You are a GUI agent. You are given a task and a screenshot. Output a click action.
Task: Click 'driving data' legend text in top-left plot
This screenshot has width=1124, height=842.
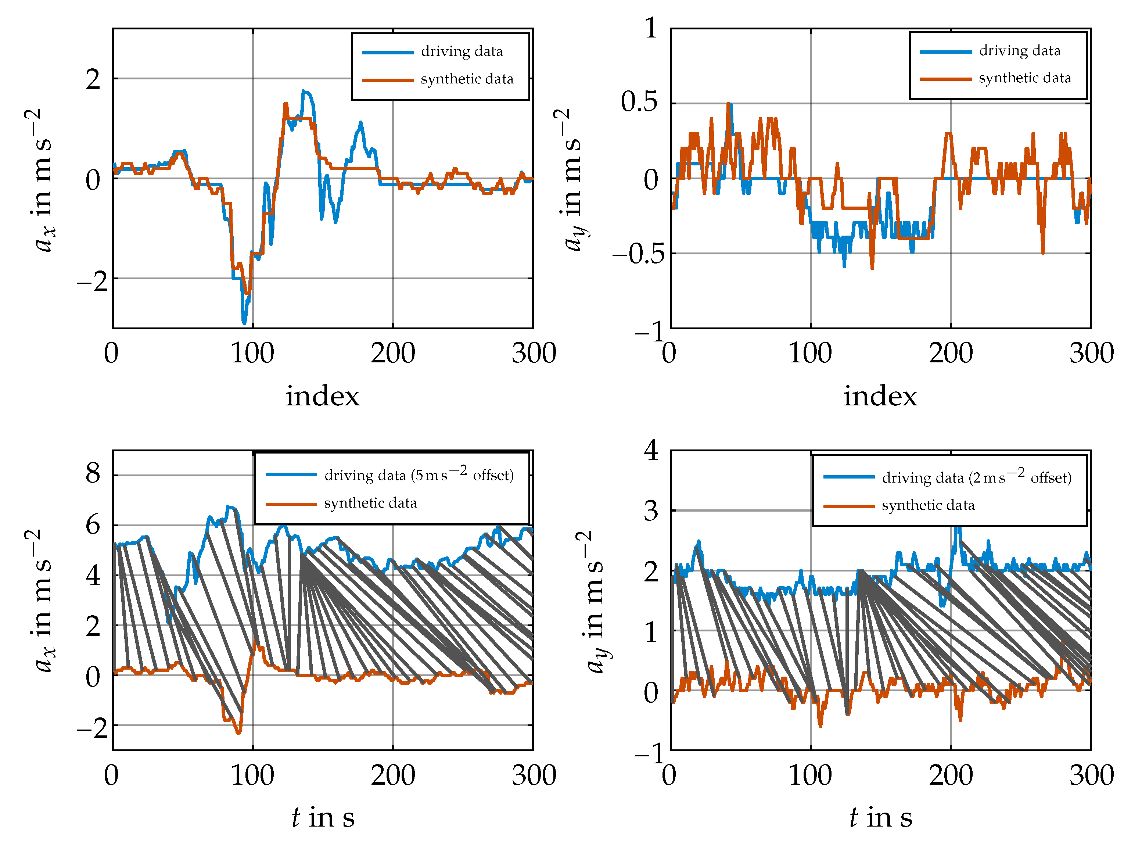(462, 51)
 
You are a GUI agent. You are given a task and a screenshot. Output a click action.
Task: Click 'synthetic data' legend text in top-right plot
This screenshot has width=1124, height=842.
(1024, 78)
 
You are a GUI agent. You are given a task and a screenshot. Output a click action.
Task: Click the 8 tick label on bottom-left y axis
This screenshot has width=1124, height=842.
(93, 474)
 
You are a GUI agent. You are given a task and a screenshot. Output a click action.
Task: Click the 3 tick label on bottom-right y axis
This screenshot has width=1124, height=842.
(651, 510)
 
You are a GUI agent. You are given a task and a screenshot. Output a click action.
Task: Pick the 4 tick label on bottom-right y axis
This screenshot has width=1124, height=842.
(651, 450)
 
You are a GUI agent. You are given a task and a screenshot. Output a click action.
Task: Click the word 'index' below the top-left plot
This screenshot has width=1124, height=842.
(322, 396)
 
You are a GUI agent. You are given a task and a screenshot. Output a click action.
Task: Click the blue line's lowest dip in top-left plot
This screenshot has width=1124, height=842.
(244, 322)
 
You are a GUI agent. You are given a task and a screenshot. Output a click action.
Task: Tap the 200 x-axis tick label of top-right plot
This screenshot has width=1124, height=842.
(950, 353)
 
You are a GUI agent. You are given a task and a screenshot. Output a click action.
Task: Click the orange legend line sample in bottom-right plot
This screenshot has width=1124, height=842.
(848, 506)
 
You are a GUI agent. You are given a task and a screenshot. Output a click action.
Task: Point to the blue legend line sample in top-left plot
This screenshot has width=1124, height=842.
(388, 52)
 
